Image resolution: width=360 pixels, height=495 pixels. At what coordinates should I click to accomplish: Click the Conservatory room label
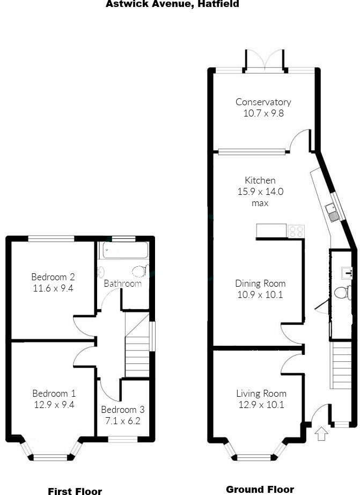(263, 102)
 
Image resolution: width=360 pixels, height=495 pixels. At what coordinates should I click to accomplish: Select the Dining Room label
(260, 283)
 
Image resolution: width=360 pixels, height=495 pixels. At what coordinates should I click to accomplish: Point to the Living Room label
(261, 394)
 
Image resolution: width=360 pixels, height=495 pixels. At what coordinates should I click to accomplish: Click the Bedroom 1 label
(54, 393)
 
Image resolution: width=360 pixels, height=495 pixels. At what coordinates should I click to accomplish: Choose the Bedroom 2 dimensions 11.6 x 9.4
(53, 288)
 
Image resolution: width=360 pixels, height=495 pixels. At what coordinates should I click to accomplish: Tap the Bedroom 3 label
(122, 410)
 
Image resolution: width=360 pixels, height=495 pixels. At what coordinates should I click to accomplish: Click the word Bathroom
(122, 283)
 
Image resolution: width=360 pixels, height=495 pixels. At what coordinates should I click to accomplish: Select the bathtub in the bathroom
(123, 251)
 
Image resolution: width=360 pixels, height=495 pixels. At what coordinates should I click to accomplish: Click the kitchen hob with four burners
(296, 231)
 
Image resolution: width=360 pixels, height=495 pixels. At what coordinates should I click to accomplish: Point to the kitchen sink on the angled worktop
(332, 213)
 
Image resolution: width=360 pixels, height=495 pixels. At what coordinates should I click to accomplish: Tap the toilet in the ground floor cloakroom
(340, 293)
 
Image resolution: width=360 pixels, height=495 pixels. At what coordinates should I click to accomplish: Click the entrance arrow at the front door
(321, 433)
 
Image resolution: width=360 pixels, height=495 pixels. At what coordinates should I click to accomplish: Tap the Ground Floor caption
(260, 489)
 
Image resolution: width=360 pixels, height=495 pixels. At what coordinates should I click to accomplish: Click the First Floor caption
(75, 491)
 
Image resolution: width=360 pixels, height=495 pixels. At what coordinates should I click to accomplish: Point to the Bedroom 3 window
(123, 439)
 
